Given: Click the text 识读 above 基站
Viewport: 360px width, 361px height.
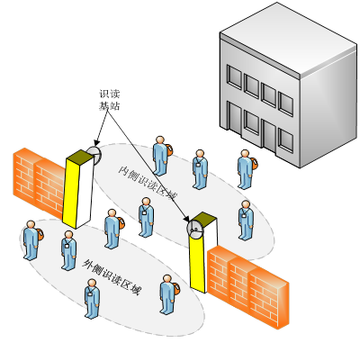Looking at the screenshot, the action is [110, 94].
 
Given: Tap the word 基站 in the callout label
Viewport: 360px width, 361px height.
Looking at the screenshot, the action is [110, 106].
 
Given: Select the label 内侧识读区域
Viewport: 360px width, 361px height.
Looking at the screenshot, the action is [147, 183].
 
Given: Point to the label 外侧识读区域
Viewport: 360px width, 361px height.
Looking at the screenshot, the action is [112, 276].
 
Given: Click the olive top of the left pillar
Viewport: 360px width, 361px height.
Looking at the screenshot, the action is [80, 155].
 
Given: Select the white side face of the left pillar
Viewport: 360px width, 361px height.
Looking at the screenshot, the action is [85, 192].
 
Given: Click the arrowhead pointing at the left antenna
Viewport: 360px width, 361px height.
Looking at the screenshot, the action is [96, 142].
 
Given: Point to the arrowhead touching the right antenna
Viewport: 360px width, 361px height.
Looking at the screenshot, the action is [187, 218].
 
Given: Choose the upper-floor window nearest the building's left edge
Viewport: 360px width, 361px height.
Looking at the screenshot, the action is [234, 77].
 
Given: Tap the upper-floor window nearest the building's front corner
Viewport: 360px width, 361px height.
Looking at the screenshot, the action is [285, 104].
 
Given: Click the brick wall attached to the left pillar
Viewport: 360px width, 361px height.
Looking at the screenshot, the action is [39, 183].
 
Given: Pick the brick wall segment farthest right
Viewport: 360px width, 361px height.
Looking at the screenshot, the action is [269, 297].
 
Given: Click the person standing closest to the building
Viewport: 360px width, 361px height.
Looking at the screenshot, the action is [247, 169].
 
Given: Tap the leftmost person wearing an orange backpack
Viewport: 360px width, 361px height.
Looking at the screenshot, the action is [32, 240].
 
